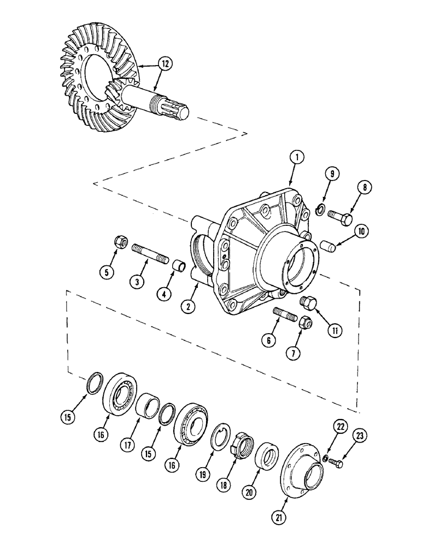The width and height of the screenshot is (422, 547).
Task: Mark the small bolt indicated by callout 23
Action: tap(337, 464)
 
